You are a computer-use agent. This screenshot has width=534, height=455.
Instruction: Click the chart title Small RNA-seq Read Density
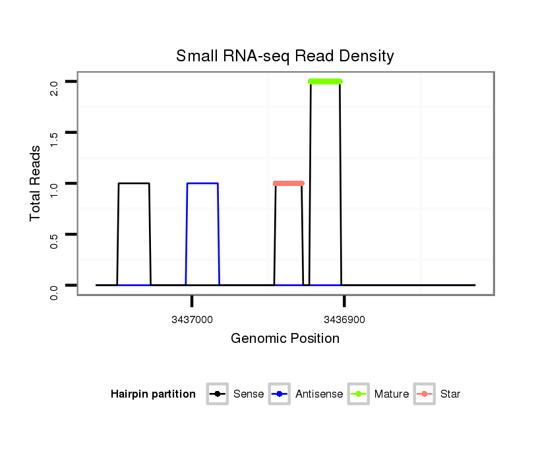(x=285, y=56)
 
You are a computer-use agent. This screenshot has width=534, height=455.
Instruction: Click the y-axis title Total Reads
(x=36, y=183)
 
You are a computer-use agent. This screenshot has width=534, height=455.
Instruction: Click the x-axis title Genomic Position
(x=285, y=339)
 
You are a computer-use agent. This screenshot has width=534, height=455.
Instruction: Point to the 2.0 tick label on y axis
(x=54, y=82)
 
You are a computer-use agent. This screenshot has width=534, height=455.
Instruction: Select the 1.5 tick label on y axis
(x=54, y=133)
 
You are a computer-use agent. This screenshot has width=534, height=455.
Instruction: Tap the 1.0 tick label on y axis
(x=54, y=183)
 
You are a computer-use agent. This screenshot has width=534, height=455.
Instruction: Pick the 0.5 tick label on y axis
(x=54, y=234)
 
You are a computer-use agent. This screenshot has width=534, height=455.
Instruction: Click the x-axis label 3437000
(x=192, y=320)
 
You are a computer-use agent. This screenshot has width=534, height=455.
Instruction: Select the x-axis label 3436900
(x=344, y=320)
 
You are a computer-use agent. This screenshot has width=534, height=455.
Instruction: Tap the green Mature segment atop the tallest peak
(x=325, y=82)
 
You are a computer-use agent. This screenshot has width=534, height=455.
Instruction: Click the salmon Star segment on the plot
(x=288, y=183)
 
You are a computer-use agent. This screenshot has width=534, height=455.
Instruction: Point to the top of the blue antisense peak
(x=202, y=183)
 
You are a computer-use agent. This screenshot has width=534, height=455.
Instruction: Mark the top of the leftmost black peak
(x=134, y=183)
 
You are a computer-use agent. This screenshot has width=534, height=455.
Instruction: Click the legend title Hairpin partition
(x=153, y=394)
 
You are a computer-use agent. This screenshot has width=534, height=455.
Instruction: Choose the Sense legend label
(x=249, y=394)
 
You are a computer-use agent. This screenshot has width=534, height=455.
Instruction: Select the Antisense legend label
(x=319, y=394)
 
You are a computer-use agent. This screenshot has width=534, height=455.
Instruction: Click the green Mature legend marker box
(x=358, y=394)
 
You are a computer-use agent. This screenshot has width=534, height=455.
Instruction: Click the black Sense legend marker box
(x=217, y=394)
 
